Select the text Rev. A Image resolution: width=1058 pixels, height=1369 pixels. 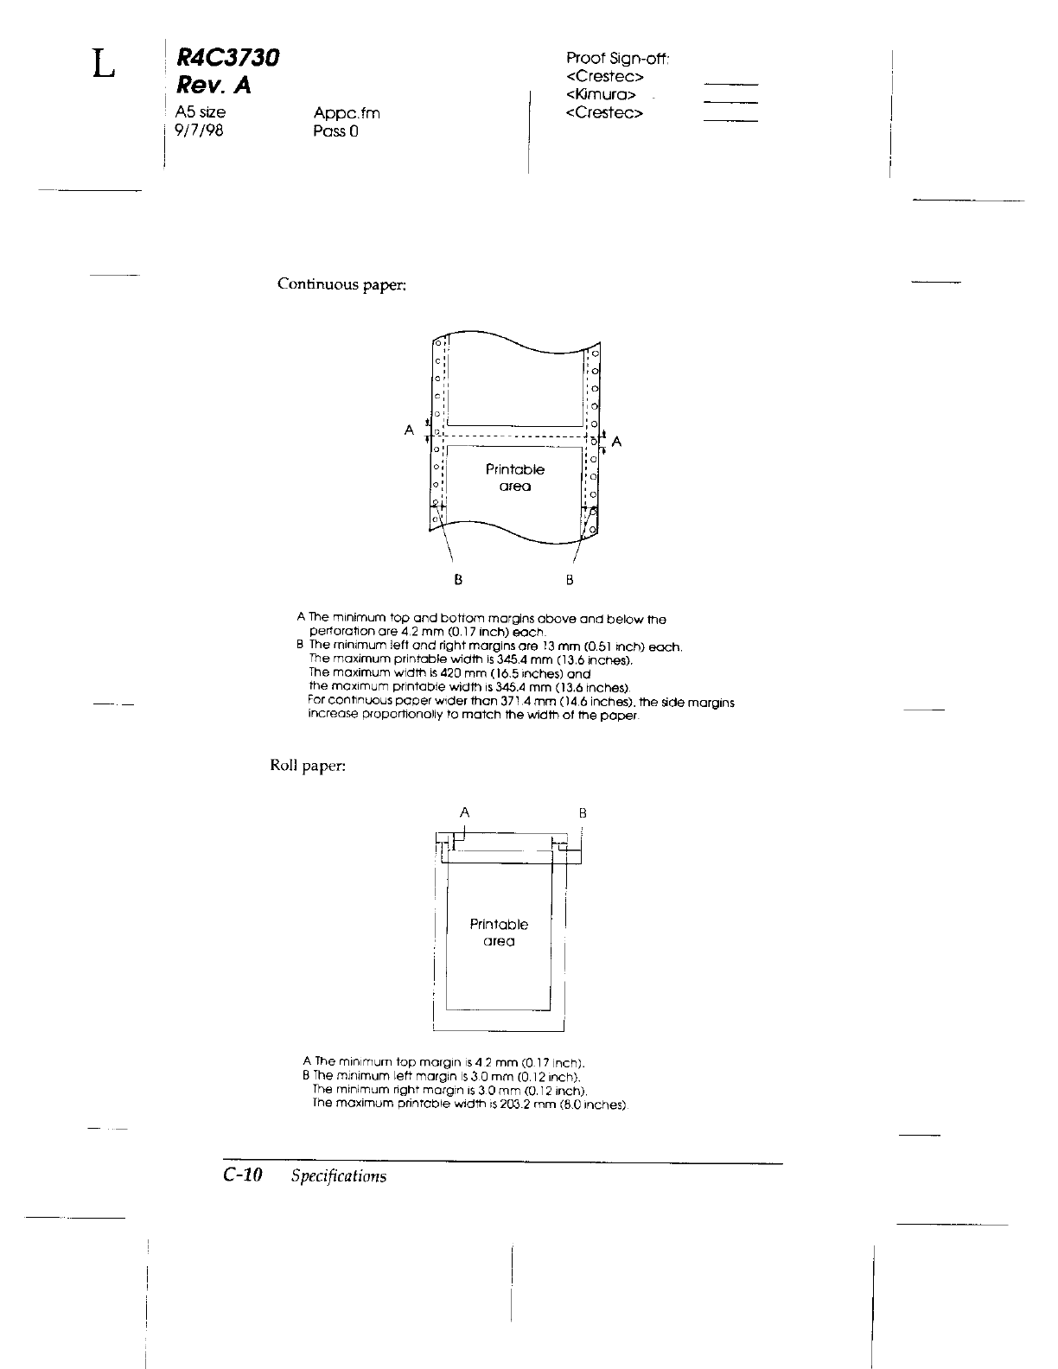(x=213, y=86)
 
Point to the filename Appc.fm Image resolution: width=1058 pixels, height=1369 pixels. (x=347, y=113)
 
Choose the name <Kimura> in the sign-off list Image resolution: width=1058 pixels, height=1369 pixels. (x=602, y=94)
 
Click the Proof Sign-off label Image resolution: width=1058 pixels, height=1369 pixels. (x=618, y=59)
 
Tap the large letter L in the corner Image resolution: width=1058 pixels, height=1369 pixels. (x=103, y=63)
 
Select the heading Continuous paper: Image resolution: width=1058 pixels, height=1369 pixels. (x=341, y=284)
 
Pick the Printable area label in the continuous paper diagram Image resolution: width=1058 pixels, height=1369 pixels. (x=515, y=477)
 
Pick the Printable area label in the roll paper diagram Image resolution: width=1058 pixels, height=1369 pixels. (x=499, y=933)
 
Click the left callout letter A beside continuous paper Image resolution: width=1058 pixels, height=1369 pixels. (x=409, y=429)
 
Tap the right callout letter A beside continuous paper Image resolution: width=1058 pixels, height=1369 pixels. (x=616, y=443)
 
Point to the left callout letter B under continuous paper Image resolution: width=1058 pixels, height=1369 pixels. (x=458, y=579)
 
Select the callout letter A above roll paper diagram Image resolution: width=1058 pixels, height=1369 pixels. (x=465, y=812)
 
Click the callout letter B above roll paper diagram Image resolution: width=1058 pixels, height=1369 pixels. (x=583, y=813)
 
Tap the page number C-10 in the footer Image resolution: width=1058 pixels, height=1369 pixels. (x=242, y=1175)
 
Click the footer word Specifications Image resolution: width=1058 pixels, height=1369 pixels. (x=339, y=1176)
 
